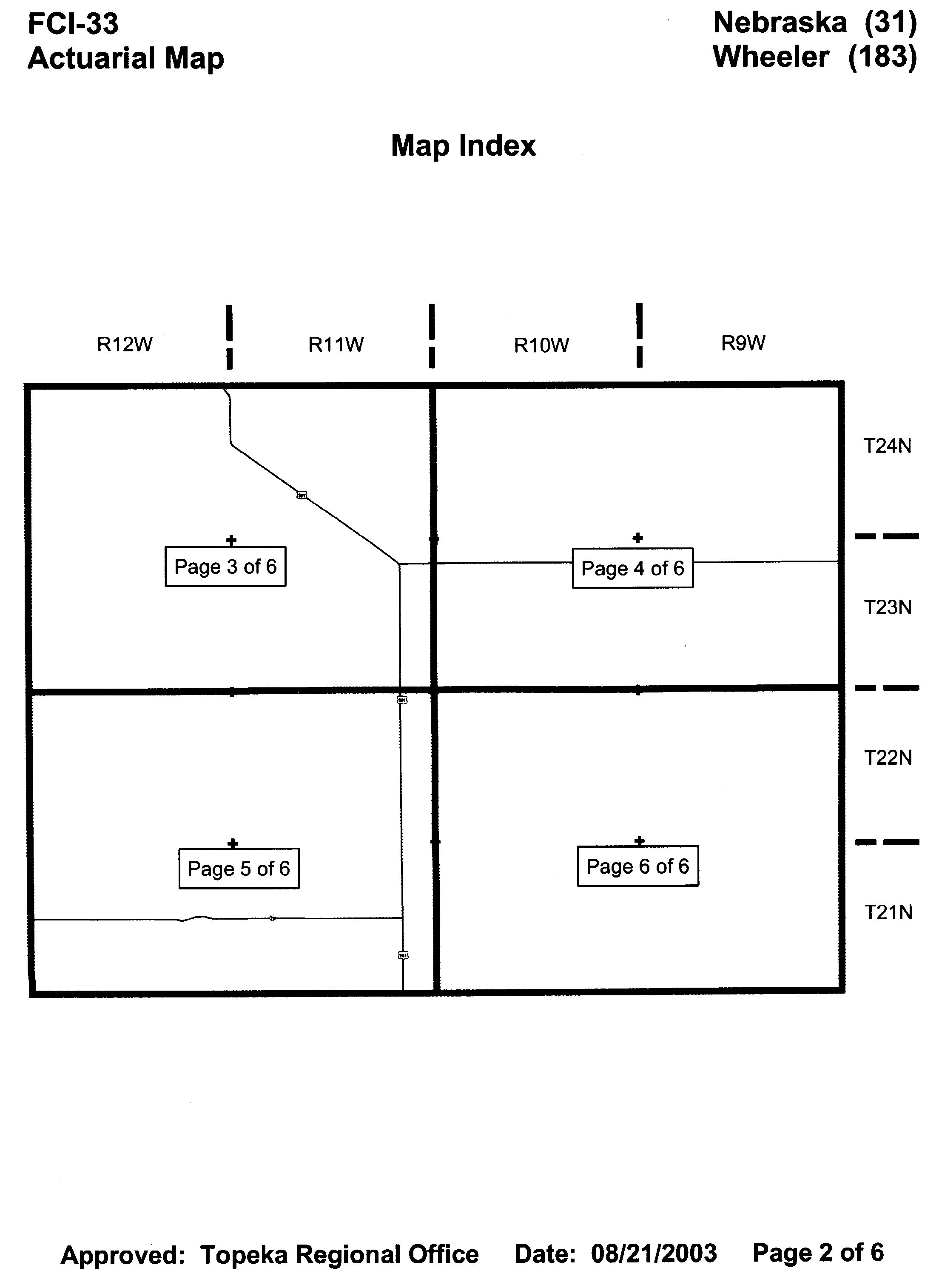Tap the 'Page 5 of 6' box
tap(239, 868)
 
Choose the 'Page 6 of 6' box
tap(638, 866)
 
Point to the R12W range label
tap(125, 345)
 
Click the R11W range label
tap(336, 345)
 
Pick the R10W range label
tap(541, 345)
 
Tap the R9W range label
tap(743, 343)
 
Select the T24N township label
tap(887, 446)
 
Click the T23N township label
tap(888, 608)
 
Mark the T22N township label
tap(888, 758)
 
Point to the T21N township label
tap(888, 912)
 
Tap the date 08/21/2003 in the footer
tap(654, 1254)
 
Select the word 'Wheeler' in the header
tap(771, 57)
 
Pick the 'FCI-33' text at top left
tap(73, 24)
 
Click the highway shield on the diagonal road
tap(302, 495)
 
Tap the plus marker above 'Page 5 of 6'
tap(232, 843)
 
